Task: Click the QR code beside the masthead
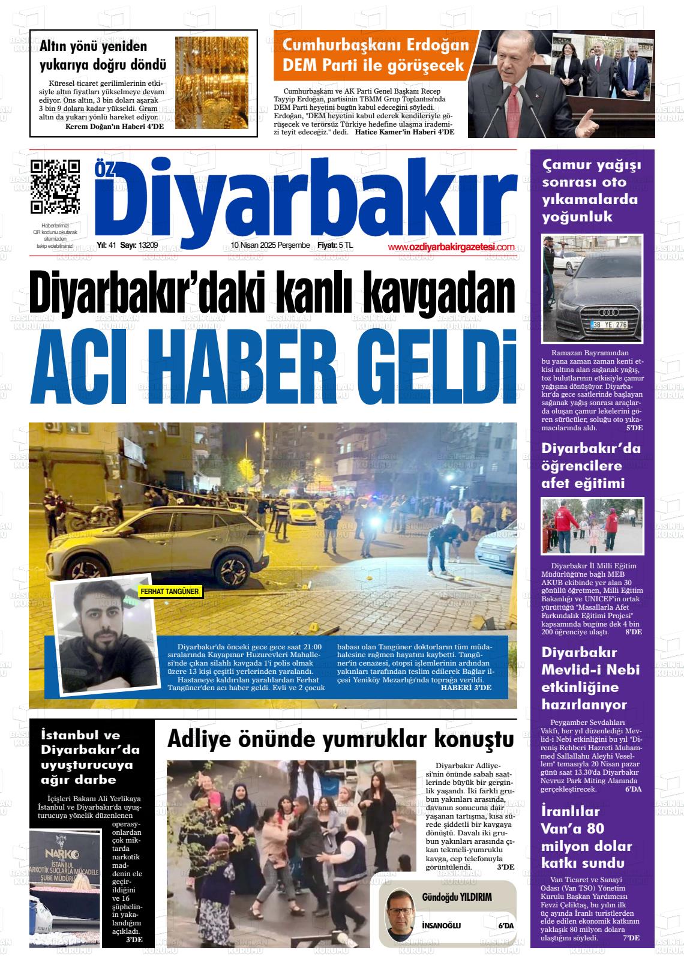click(55, 187)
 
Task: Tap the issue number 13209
click(148, 245)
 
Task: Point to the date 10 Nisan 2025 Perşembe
click(270, 245)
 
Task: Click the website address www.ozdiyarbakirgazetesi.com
click(451, 247)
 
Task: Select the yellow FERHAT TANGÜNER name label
click(169, 592)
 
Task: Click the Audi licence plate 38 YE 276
click(609, 325)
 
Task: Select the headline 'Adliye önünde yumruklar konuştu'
click(340, 739)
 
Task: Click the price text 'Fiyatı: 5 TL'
click(335, 245)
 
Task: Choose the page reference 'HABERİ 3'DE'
click(466, 688)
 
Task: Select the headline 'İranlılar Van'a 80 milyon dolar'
click(586, 837)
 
